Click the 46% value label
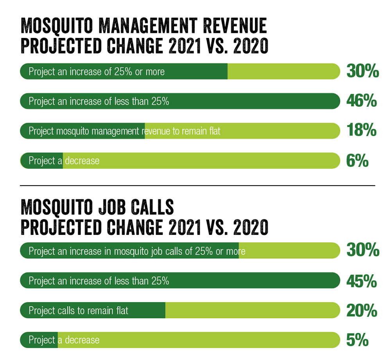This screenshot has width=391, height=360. (x=361, y=101)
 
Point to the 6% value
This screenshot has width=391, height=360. (x=357, y=161)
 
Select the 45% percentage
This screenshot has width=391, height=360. (x=362, y=281)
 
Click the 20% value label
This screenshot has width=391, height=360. (x=362, y=311)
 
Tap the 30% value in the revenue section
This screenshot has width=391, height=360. (x=362, y=72)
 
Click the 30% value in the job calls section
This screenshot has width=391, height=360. (x=362, y=251)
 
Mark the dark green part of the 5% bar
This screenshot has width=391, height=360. (x=39, y=340)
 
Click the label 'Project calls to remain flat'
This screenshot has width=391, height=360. (x=79, y=311)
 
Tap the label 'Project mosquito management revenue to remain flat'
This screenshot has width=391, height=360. (x=124, y=131)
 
